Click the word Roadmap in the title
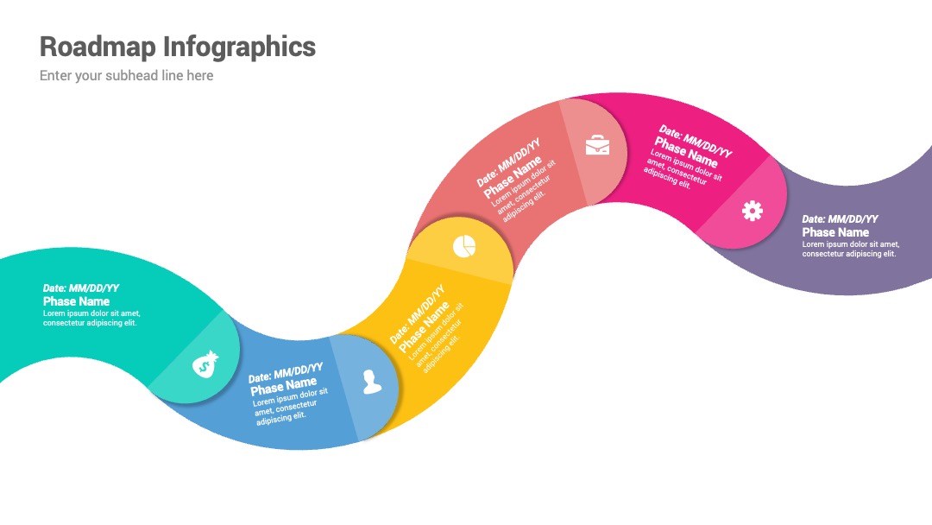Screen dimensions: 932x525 (98, 47)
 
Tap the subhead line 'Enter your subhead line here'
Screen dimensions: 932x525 (127, 75)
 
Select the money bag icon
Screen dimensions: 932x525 (205, 364)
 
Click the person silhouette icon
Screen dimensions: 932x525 (372, 382)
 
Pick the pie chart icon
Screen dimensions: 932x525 (464, 246)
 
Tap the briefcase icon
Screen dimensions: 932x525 (597, 145)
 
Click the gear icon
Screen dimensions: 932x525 (753, 211)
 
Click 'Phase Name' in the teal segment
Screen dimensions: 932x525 (76, 301)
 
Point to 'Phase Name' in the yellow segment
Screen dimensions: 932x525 (424, 326)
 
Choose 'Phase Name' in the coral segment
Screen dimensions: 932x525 (513, 177)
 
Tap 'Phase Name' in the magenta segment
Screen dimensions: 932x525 (686, 152)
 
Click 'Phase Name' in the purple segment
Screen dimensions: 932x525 (835, 232)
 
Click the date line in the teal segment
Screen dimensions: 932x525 (81, 288)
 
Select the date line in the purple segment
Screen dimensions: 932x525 (840, 218)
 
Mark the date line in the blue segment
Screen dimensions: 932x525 (286, 373)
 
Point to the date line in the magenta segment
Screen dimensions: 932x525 (696, 141)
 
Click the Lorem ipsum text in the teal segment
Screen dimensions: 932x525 (91, 318)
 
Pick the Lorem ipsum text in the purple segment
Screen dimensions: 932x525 (851, 250)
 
